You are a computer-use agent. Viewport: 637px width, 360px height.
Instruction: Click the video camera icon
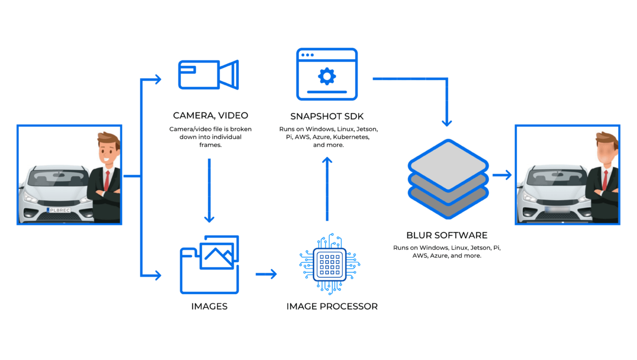point(209,75)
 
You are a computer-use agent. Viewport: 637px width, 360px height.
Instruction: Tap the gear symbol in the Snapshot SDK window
point(327,76)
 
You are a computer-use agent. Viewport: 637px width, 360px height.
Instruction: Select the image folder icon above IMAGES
point(210,264)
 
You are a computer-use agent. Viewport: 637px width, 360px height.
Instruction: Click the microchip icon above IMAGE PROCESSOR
point(329,264)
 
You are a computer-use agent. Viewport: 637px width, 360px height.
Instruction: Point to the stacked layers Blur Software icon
point(448,178)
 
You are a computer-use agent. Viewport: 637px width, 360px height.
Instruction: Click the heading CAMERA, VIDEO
point(210,116)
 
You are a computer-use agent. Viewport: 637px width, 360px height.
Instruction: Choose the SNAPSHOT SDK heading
point(327,116)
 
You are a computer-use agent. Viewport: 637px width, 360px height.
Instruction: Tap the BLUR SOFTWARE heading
point(447,235)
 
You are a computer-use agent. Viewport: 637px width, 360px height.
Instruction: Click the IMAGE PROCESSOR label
point(332,306)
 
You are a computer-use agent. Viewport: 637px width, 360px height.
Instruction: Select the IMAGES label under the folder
point(209,306)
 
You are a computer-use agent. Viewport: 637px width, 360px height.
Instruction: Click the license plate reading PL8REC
point(59,210)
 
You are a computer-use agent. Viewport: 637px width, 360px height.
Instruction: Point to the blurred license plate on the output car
point(557,210)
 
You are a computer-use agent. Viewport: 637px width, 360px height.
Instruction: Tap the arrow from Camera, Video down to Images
point(209,191)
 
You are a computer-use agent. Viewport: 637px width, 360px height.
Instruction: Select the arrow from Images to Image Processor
point(266,274)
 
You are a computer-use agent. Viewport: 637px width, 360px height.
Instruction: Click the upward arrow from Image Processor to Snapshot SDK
point(327,189)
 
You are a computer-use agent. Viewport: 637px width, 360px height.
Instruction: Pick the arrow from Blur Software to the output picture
point(502,175)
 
